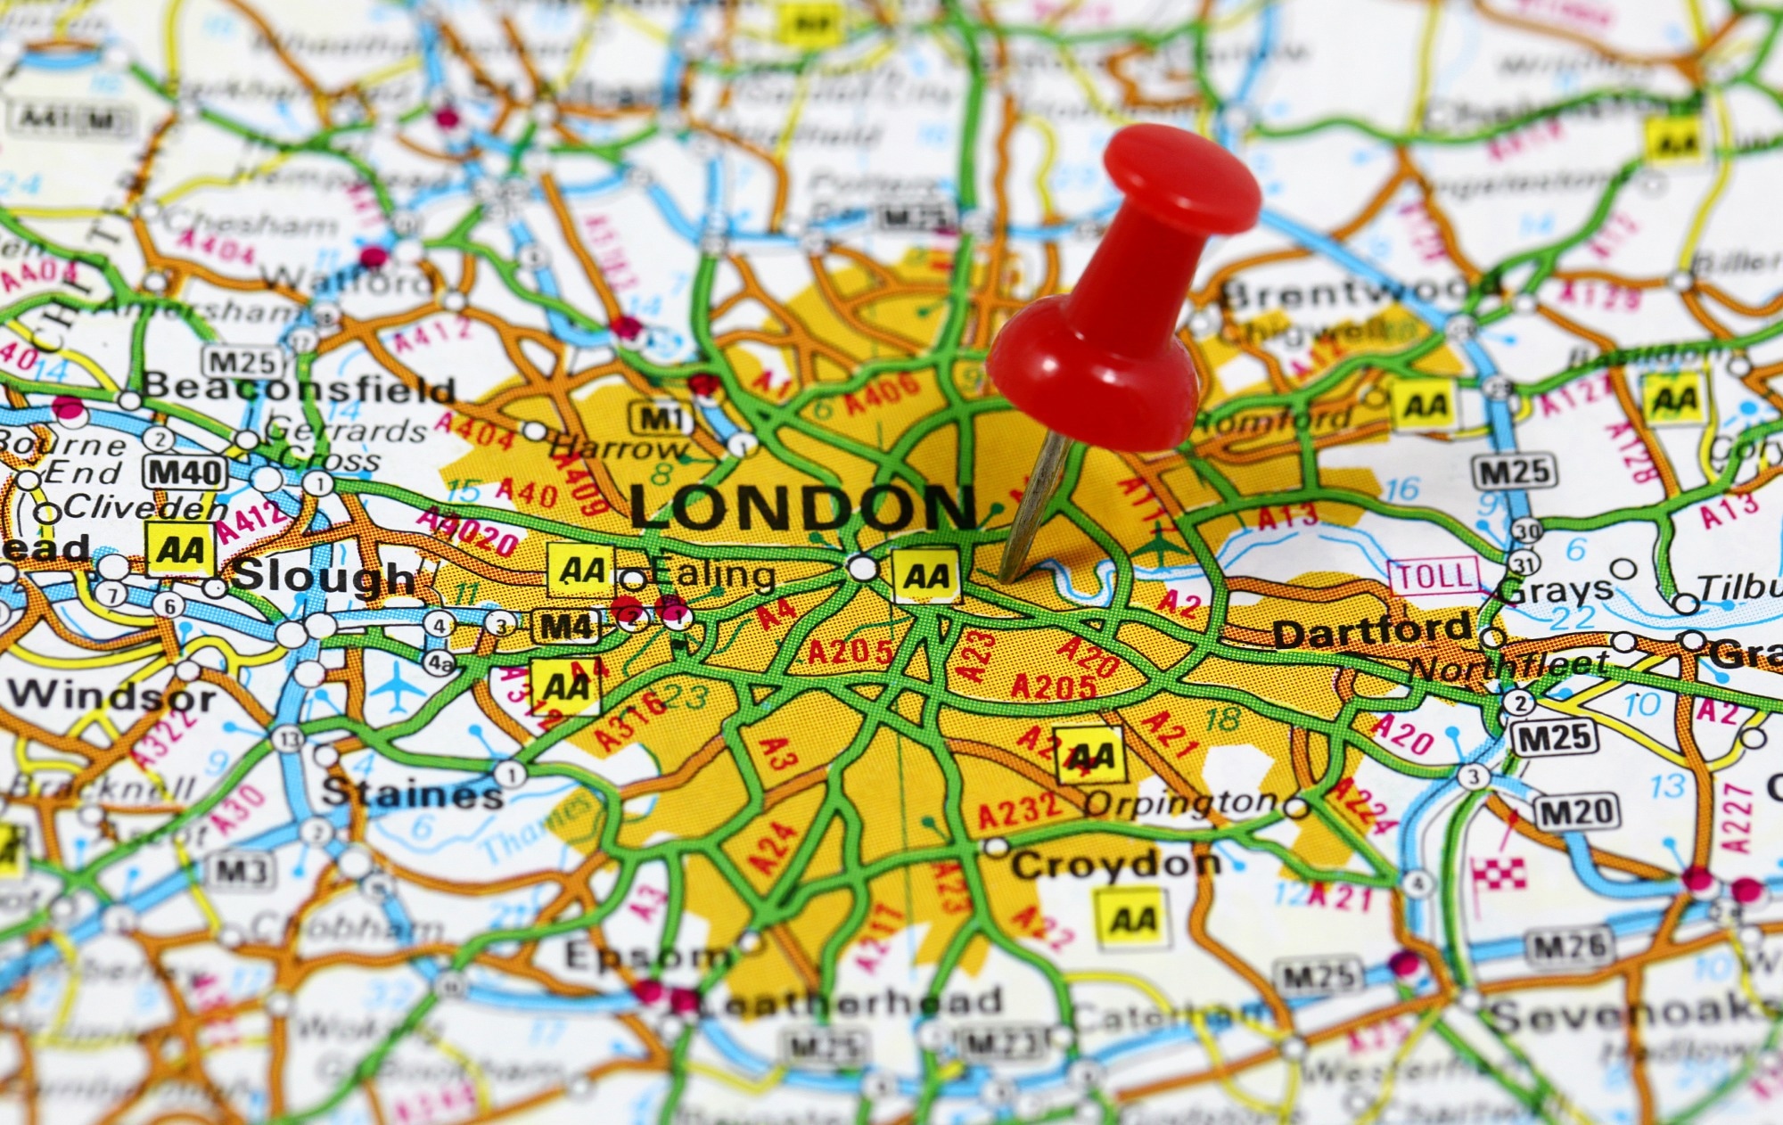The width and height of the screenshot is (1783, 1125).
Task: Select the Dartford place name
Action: pos(1372,632)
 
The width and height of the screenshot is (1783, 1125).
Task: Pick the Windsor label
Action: pos(112,694)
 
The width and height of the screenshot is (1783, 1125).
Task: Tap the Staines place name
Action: pos(412,792)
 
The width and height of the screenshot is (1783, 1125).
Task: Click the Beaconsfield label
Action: pos(299,388)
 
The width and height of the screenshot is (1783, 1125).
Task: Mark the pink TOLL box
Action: pos(1434,577)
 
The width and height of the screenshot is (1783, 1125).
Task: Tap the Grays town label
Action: pos(1557,590)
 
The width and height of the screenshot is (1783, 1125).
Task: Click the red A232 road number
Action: pos(1019,810)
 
